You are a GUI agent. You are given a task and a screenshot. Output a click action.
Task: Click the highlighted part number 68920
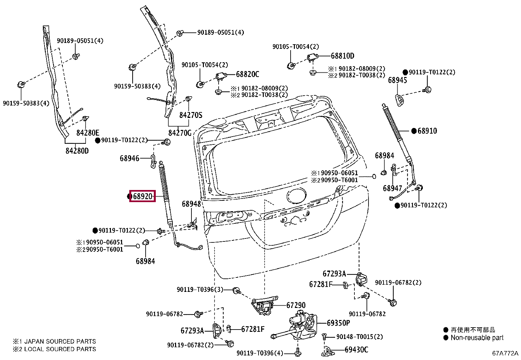pyautogui.click(x=143, y=196)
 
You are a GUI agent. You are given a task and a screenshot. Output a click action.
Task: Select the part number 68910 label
pyautogui.click(x=427, y=131)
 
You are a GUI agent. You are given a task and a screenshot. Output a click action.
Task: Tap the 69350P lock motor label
pyautogui.click(x=338, y=323)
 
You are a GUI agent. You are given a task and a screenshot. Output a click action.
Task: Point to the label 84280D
pyautogui.click(x=77, y=151)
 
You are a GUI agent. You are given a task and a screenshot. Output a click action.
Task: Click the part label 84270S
pyautogui.click(x=191, y=115)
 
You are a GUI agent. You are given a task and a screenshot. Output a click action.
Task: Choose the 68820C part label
pyautogui.click(x=247, y=74)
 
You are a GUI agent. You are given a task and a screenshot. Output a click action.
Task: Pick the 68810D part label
pyautogui.click(x=343, y=56)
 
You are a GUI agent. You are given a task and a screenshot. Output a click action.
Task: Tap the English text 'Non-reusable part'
pyautogui.click(x=477, y=338)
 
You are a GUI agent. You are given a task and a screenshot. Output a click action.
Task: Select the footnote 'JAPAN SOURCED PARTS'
pyautogui.click(x=60, y=341)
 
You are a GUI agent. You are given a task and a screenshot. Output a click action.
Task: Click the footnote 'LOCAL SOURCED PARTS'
pyautogui.click(x=60, y=349)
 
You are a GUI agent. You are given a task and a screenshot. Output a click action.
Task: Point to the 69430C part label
pyautogui.click(x=356, y=350)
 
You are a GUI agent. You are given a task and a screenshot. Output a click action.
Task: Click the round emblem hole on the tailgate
pyautogui.click(x=296, y=196)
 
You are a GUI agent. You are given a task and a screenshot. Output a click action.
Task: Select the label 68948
pyautogui.click(x=191, y=204)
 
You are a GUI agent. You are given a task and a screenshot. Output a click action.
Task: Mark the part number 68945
pyautogui.click(x=398, y=80)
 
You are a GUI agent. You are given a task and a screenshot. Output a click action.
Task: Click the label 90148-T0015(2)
pyautogui.click(x=360, y=337)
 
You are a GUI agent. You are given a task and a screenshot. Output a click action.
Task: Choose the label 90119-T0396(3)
pyautogui.click(x=200, y=290)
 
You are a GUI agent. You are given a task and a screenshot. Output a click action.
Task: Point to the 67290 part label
pyautogui.click(x=296, y=305)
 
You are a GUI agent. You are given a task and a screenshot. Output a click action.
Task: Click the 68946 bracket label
pyautogui.click(x=129, y=158)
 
